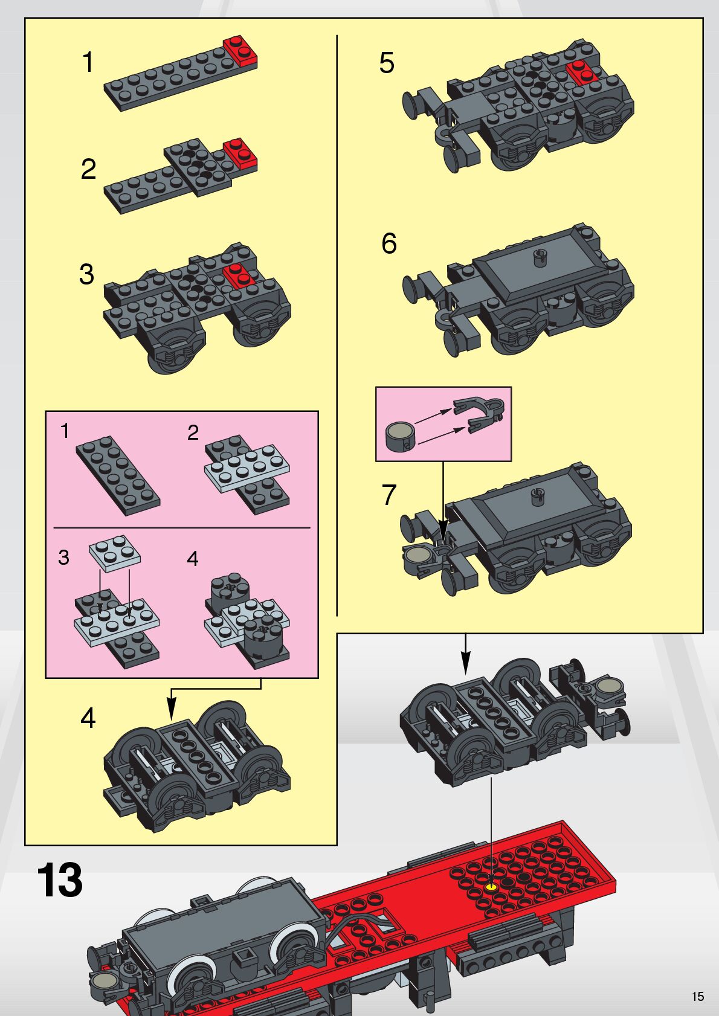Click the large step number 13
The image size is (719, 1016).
(x=59, y=879)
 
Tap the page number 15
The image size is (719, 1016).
(x=698, y=996)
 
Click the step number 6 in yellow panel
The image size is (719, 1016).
(x=389, y=243)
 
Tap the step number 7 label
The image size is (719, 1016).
(x=389, y=494)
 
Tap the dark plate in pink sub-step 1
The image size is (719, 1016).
(x=118, y=476)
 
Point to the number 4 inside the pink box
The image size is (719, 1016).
(x=192, y=558)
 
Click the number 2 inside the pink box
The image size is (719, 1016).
(x=193, y=432)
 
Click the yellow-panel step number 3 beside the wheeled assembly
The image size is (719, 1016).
(x=86, y=274)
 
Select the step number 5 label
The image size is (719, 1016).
(x=387, y=63)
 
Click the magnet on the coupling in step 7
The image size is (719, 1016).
(x=414, y=554)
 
